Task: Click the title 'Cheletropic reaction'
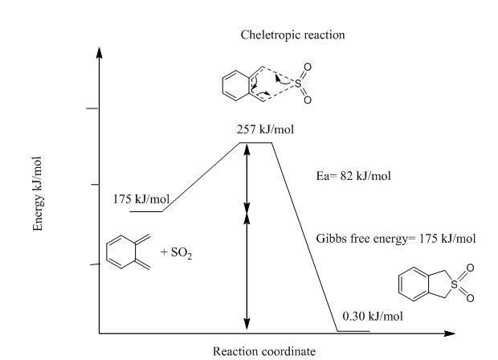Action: coord(292,35)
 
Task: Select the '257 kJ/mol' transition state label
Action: coord(265,129)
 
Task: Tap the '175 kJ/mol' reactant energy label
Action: coord(141,199)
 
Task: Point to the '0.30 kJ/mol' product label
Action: coord(373,316)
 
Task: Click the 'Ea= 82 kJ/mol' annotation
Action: coord(353,176)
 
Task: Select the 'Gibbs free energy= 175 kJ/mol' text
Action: coord(396,239)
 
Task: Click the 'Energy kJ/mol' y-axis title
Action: coord(38,194)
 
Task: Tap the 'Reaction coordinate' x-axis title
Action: coord(264,351)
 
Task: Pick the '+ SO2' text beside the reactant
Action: coord(176,253)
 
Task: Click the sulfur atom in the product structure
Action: coord(455,284)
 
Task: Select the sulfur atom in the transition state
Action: coord(298,84)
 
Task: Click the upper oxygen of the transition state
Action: coord(308,67)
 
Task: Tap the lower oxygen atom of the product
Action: coord(470,298)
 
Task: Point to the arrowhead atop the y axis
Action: coord(100,53)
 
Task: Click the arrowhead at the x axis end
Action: coord(450,333)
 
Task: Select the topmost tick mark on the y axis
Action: coord(92,108)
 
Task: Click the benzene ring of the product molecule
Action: coord(414,284)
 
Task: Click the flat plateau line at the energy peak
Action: coord(255,143)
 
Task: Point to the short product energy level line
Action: coord(353,331)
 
